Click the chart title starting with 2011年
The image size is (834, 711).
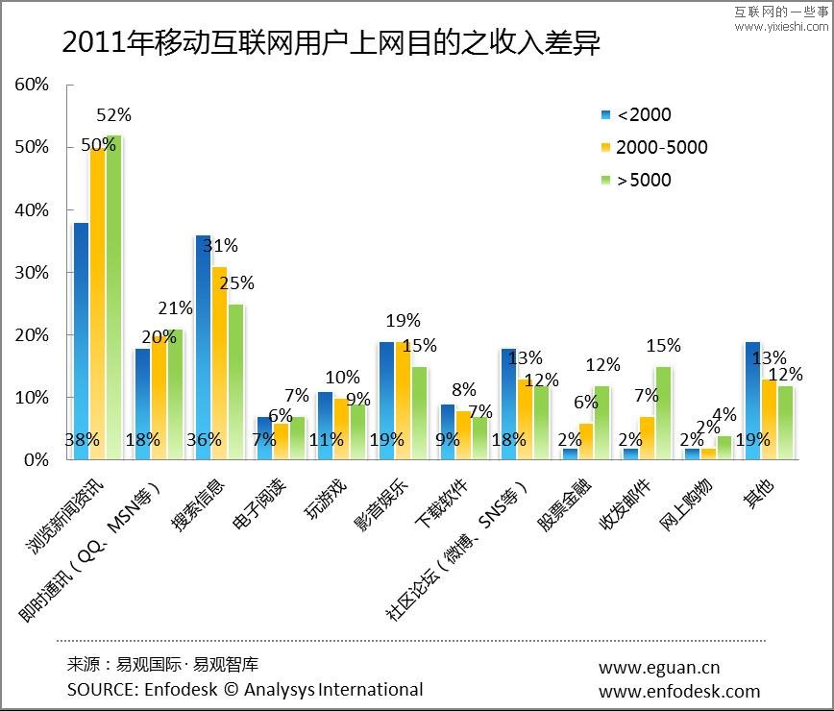[331, 43]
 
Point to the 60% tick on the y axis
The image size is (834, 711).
[32, 85]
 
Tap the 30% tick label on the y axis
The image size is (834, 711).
[32, 273]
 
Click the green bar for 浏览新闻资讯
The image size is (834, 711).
[115, 298]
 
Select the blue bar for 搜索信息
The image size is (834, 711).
[204, 346]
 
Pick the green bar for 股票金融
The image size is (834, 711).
[601, 423]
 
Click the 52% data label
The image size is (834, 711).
[114, 115]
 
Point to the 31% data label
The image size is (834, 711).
[220, 246]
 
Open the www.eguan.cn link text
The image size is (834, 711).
[658, 668]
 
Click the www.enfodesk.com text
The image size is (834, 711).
[678, 691]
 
